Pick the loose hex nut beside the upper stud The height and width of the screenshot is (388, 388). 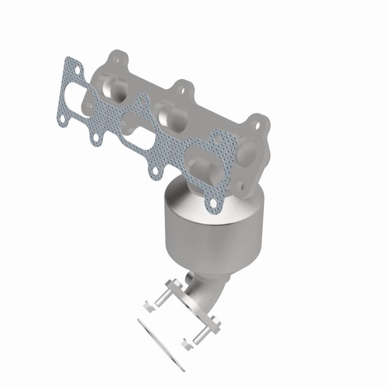click(x=147, y=304)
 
